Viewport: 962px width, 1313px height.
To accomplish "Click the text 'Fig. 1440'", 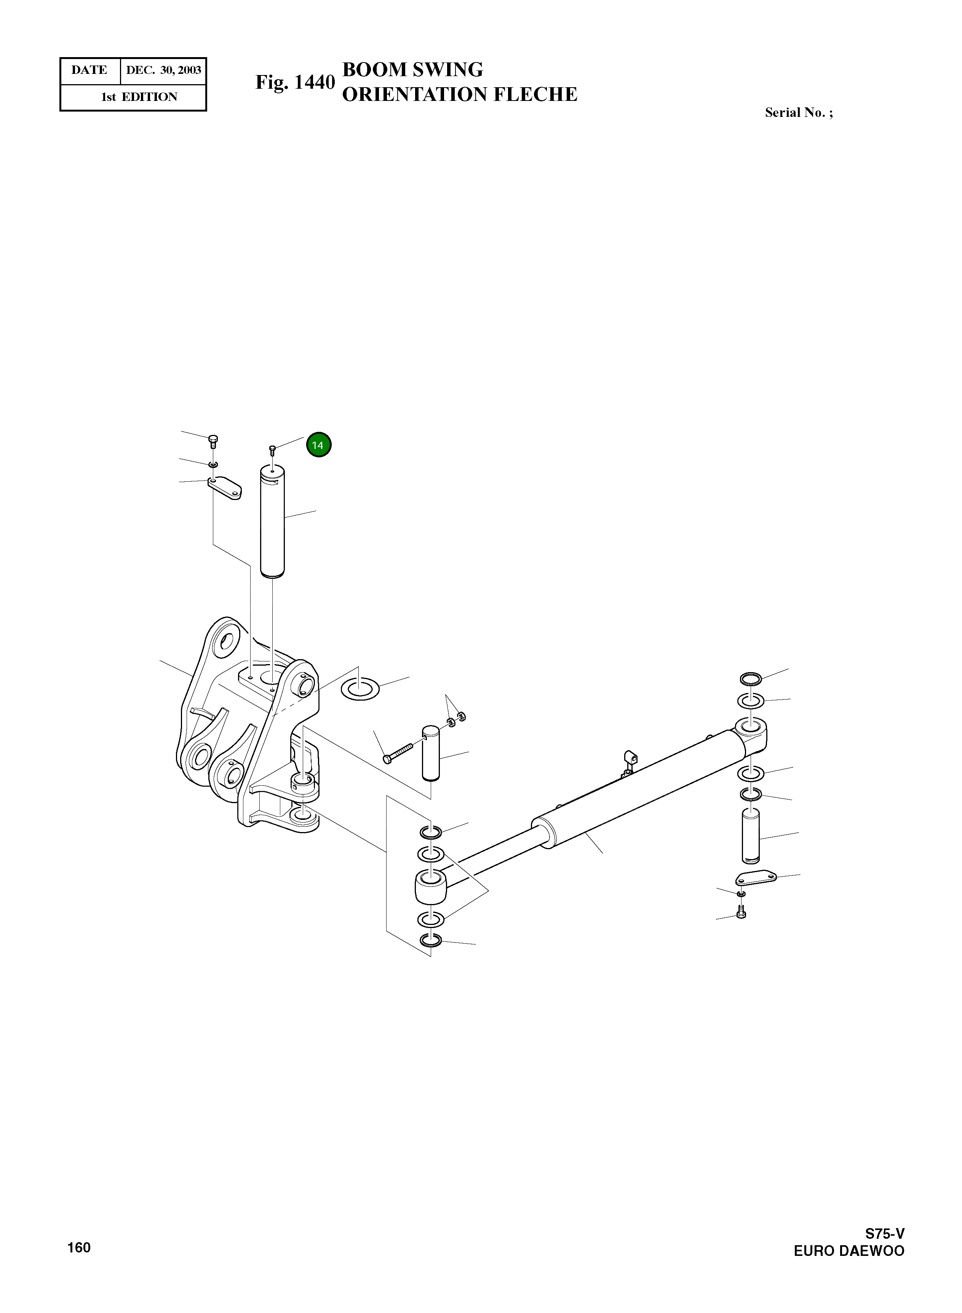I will click(295, 83).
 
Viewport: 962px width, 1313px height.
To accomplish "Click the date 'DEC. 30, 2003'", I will click(164, 70).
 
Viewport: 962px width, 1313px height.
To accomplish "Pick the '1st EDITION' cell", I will click(139, 97).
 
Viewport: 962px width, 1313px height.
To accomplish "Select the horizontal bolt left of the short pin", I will click(397, 752).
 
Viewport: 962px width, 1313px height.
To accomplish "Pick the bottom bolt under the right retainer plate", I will click(741, 913).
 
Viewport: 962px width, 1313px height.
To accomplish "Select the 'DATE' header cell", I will click(89, 70).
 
